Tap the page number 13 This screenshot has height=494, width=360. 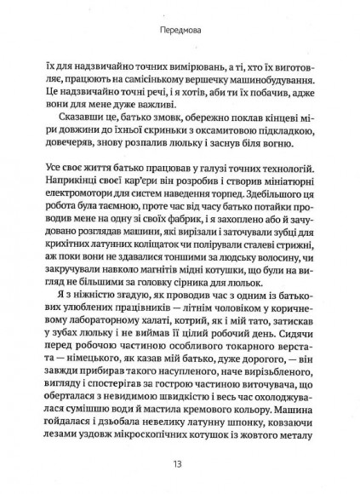179,465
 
